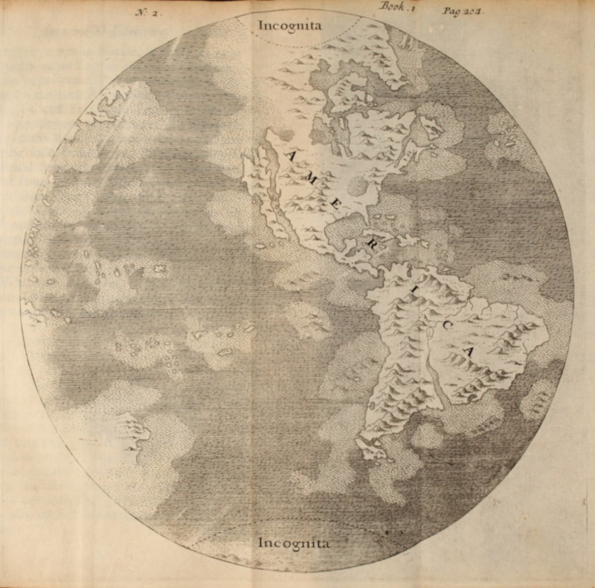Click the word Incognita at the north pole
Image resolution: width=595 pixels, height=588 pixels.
(x=290, y=25)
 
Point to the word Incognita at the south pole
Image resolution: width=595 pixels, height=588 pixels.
(x=292, y=542)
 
